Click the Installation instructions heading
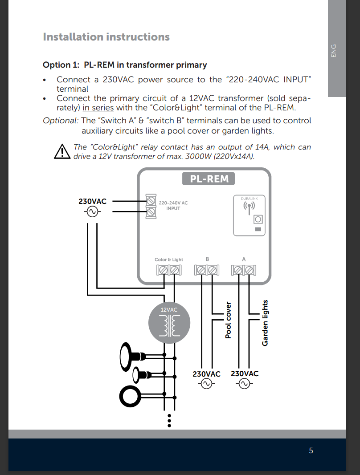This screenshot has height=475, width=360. point(106,37)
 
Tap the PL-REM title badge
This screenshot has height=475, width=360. point(209,179)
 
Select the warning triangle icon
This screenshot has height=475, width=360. point(62,151)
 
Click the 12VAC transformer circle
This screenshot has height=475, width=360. point(169,323)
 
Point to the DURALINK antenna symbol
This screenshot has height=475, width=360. point(249,207)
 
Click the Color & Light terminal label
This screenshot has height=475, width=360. point(169,260)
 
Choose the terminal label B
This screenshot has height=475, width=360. point(207,259)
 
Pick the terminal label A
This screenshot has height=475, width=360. point(244,259)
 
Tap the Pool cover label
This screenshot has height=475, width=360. point(228,320)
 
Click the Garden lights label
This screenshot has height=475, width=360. point(265,323)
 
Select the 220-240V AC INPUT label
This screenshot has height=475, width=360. point(173,205)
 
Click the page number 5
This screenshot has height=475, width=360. point(311,451)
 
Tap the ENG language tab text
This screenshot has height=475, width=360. point(334,51)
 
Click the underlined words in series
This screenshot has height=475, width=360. point(98,108)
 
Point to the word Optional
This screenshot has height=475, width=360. point(61,121)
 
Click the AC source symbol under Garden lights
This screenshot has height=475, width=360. point(244,384)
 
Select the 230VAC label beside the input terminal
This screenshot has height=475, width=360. point(93,201)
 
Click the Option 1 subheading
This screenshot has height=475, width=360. point(125,65)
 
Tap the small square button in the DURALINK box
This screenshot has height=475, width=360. point(258,219)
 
